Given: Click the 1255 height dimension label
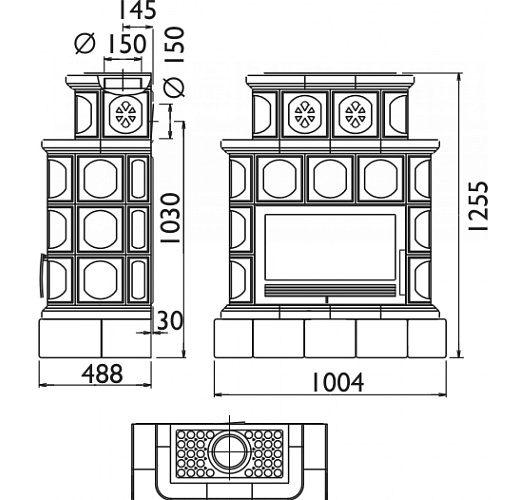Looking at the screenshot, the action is [478, 206].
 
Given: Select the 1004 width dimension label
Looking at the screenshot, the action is [338, 383].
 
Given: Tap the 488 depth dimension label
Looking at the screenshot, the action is [102, 373].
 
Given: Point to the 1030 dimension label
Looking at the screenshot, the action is [170, 218].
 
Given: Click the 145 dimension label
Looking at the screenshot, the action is [138, 10].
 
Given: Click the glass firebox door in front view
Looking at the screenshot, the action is [330, 247].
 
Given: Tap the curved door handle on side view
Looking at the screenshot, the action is [42, 275].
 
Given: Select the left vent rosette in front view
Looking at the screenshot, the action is [304, 115].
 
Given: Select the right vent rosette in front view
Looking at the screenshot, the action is [355, 115].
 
